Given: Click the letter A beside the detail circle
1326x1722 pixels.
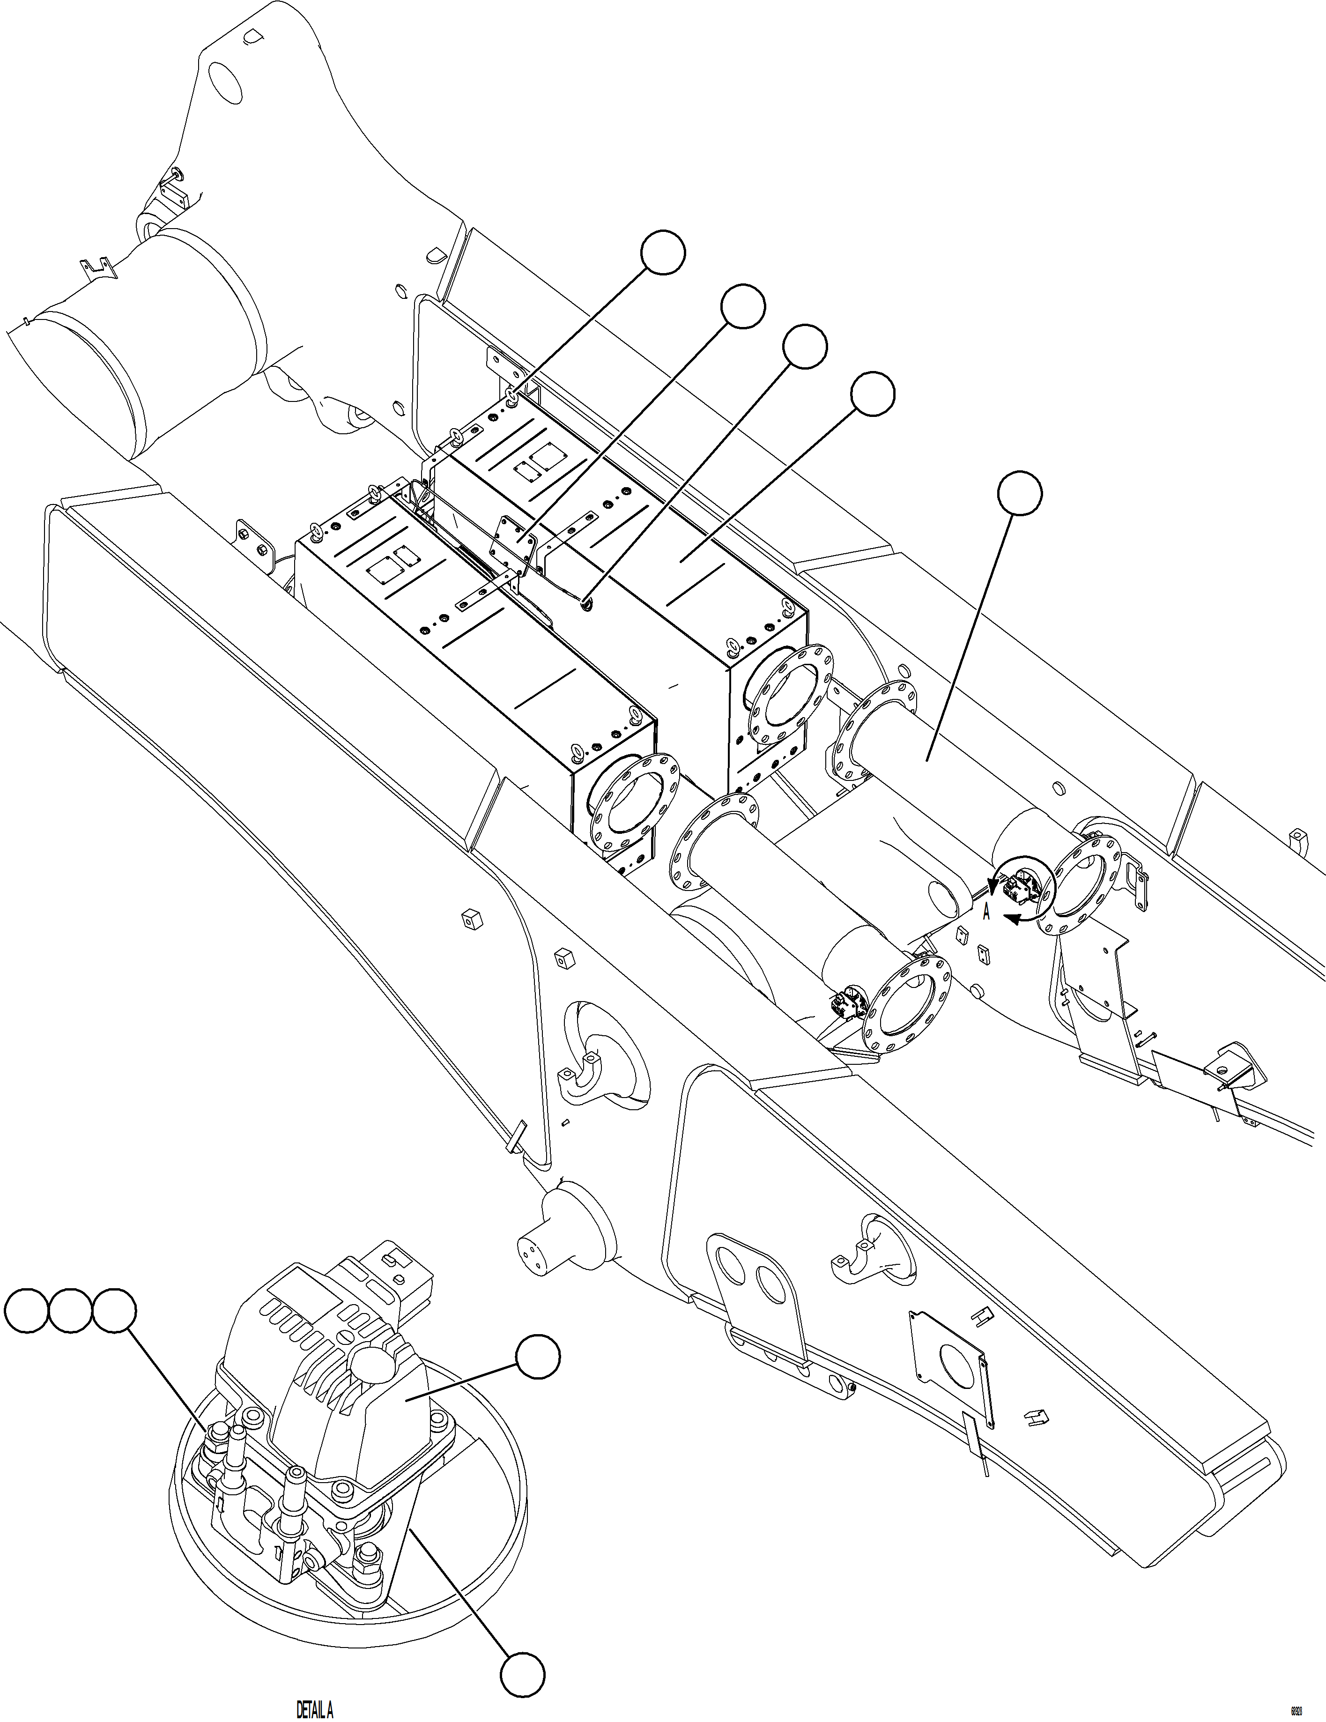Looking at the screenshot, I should [986, 913].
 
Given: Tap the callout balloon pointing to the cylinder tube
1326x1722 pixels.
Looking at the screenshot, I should [1019, 494].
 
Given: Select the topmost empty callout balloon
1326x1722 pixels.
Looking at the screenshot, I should [662, 253].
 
